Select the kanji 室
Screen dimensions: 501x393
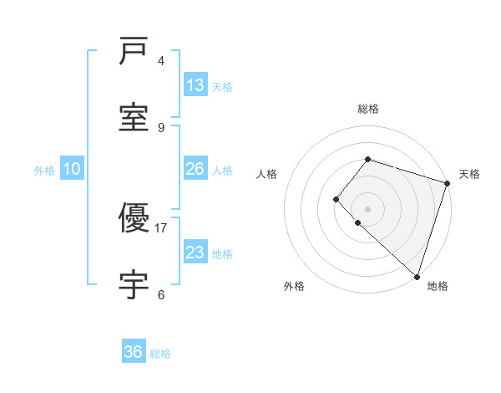coord(134,117)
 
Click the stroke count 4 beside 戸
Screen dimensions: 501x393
coord(161,60)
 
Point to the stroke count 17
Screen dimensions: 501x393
coord(162,227)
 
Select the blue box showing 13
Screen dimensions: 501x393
coord(195,85)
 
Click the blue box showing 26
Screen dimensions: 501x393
coord(195,169)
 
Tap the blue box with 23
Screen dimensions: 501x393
coord(195,253)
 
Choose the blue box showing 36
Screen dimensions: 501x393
coord(134,352)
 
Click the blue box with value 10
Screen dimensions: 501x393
coord(72,169)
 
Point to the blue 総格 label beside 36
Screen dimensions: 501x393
coord(160,354)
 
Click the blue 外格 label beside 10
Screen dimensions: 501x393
coord(44,171)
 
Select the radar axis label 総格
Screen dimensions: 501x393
coord(367,109)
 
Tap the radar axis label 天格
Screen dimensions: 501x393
coord(469,174)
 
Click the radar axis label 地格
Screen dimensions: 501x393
coord(438,286)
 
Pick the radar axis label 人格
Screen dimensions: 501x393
coord(266,174)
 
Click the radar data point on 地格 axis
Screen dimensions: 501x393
coord(417,277)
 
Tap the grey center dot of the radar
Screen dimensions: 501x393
coord(367,208)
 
